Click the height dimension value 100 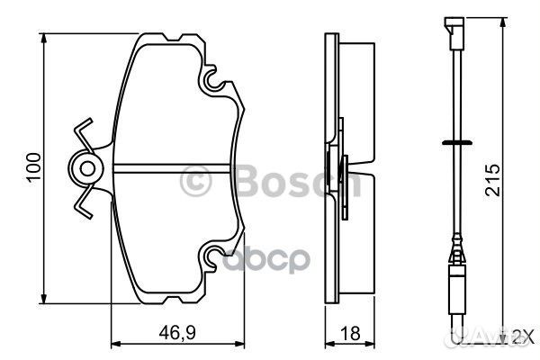coord(33,167)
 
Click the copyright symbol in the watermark coord(197,182)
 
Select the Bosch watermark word coord(288,182)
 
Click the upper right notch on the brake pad coord(213,82)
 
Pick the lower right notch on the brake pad coord(213,259)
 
